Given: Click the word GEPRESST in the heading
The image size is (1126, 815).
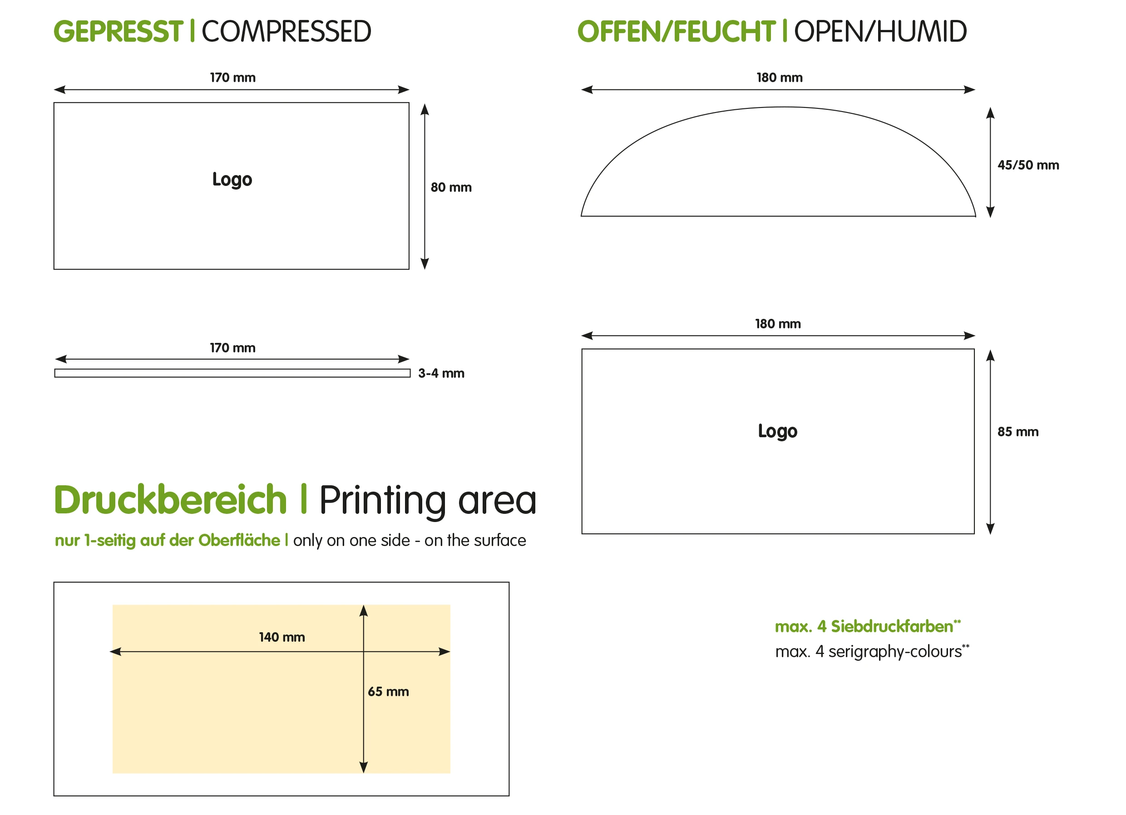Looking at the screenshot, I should click(118, 32).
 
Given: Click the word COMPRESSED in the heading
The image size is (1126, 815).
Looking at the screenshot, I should click(286, 32).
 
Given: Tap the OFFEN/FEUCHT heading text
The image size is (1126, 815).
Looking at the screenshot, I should click(676, 32).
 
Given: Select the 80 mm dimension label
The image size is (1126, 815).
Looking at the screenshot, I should click(451, 187).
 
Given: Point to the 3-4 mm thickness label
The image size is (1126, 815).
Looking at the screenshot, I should click(441, 374).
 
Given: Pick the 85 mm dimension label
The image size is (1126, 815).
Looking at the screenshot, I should click(1018, 432).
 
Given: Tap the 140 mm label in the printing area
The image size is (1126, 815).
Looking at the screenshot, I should click(282, 637).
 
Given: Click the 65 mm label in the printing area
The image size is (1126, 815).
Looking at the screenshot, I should click(388, 692).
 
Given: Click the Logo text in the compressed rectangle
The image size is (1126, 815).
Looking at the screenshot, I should click(232, 180).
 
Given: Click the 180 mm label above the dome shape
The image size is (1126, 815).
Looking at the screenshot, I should click(780, 78).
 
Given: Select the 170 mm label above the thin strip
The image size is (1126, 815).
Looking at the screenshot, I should click(232, 348).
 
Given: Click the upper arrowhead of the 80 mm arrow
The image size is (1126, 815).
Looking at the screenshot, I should click(425, 109).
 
